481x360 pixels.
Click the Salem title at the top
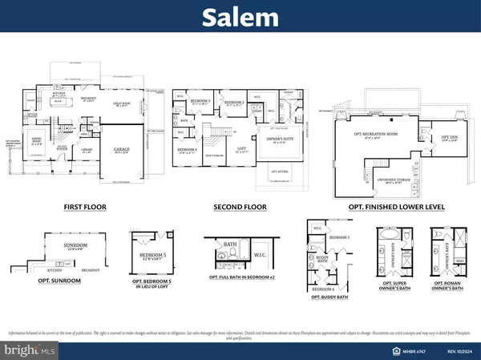[x=240, y=17]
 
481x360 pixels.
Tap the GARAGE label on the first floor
[x=123, y=148]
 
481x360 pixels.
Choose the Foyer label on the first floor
[x=61, y=148]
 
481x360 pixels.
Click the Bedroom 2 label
[x=232, y=103]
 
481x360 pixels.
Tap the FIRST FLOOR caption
[x=86, y=206]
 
